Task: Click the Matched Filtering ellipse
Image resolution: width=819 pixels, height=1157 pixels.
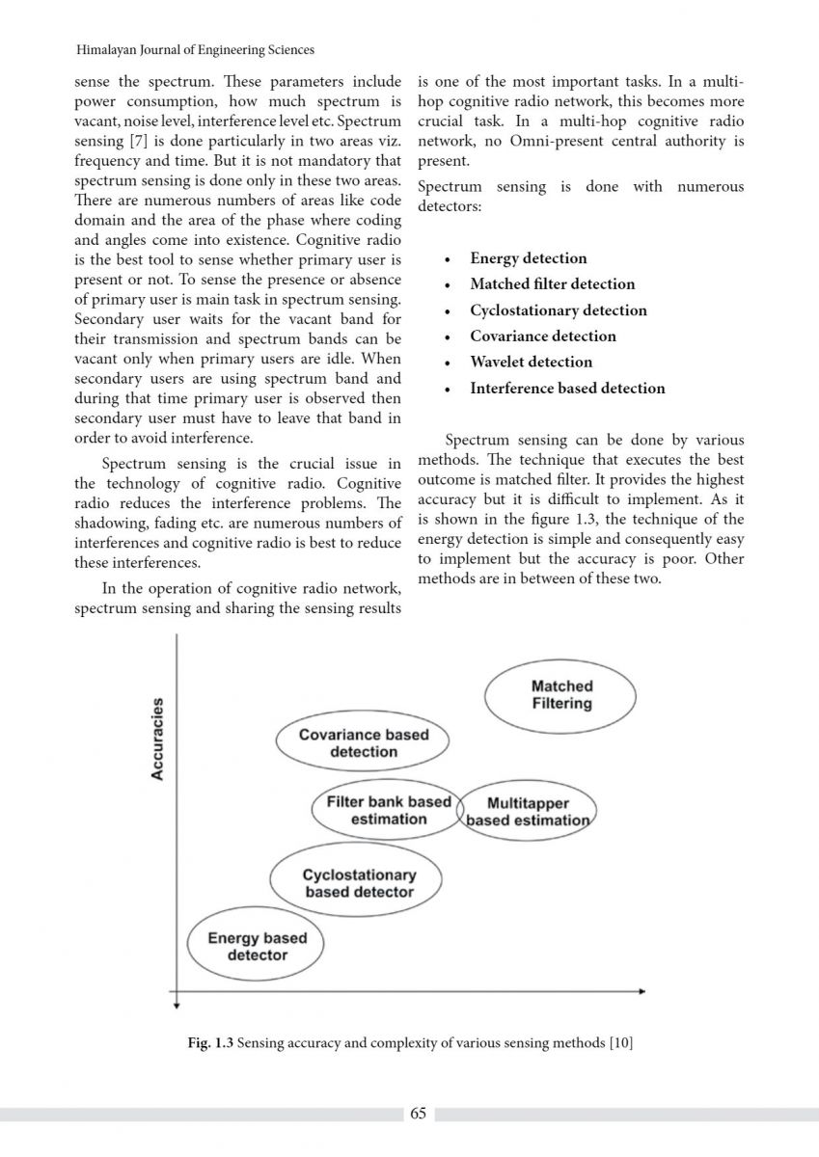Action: [x=560, y=695]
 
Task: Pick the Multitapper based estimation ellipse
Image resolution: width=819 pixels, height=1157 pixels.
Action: [x=527, y=812]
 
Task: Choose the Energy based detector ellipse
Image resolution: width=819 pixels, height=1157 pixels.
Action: [x=257, y=946]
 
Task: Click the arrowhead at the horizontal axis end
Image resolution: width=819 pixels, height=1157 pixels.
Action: [x=641, y=990]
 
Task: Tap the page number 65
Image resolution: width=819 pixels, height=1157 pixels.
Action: [x=418, y=1114]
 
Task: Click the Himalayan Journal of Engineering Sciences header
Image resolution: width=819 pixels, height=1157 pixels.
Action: [x=194, y=50]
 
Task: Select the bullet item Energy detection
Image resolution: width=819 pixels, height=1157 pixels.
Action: [x=528, y=258]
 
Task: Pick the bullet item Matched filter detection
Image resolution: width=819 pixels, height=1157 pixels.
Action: [x=552, y=284]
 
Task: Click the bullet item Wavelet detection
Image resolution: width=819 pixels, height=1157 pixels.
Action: [x=531, y=363]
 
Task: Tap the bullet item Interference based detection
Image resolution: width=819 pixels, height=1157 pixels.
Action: [x=567, y=389]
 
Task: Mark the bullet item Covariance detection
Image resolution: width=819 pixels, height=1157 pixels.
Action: [x=542, y=336]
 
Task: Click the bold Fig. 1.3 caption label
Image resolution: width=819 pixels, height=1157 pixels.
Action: [x=209, y=1043]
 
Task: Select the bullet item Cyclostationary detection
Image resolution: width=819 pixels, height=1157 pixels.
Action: [x=558, y=310]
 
